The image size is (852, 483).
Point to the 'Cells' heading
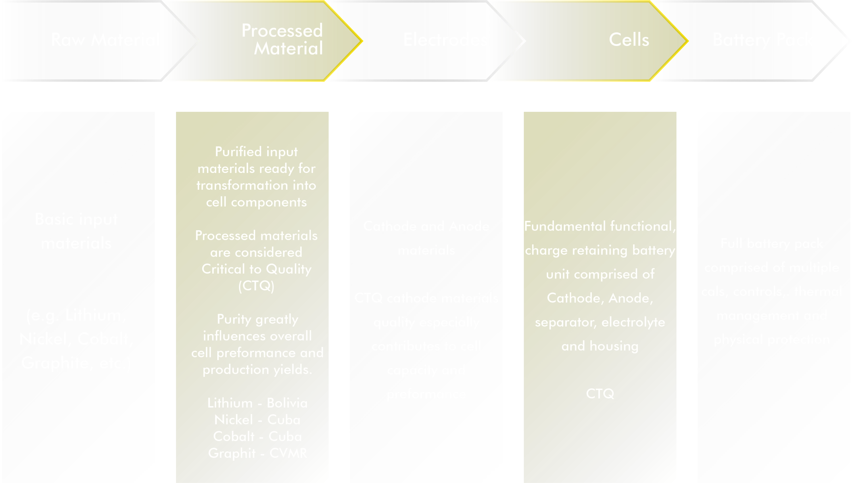629,40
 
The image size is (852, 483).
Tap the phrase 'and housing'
600,346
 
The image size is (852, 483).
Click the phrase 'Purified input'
256,152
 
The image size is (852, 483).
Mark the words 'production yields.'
257,369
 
